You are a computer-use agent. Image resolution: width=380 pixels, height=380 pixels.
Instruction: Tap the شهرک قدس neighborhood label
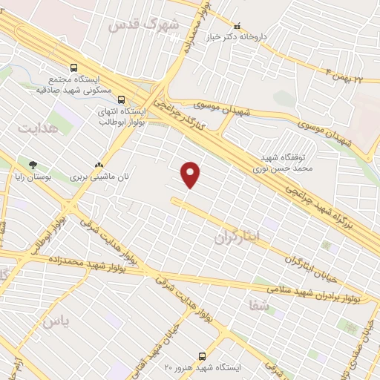144,25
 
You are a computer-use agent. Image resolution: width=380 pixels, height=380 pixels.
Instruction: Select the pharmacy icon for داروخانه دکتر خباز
237,25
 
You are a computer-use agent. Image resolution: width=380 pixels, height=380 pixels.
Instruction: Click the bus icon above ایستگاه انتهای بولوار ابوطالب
121,96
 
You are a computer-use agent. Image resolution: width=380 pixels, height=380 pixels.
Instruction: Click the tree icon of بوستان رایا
32,164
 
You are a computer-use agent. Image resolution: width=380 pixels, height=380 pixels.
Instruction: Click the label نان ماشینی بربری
95,177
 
